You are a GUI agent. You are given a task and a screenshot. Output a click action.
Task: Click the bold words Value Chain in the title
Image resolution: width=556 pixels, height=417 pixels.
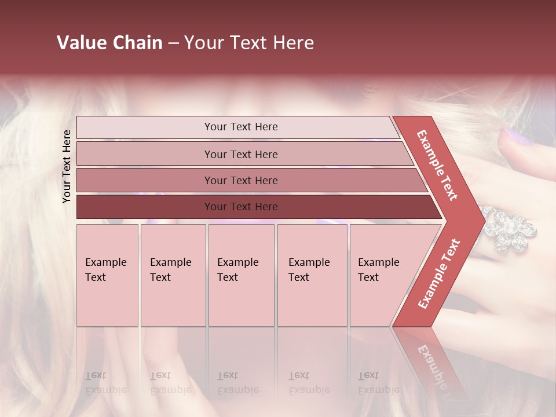tap(109, 43)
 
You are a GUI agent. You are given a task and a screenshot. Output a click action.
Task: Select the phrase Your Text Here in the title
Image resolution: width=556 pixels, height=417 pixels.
tap(249, 43)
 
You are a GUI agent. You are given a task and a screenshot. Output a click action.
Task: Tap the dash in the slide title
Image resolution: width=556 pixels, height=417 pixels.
tap(173, 43)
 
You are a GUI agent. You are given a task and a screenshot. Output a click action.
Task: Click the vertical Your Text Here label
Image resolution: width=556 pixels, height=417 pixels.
tap(67, 166)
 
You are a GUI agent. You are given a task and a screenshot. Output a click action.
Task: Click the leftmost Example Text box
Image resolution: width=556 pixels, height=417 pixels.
tap(107, 275)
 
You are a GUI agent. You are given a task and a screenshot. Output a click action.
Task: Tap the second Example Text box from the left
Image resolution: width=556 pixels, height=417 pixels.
tap(173, 275)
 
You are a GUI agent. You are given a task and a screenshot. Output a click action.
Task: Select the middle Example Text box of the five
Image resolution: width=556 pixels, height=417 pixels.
tap(241, 275)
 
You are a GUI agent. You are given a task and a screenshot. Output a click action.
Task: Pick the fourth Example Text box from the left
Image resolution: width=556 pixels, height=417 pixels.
tap(312, 275)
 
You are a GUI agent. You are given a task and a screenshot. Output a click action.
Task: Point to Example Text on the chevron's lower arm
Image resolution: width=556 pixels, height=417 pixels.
tap(439, 273)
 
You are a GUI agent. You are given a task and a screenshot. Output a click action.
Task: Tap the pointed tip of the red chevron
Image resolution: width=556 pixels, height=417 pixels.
tap(482, 221)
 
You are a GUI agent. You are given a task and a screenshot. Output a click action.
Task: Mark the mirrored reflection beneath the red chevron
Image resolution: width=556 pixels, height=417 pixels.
tap(431, 365)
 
